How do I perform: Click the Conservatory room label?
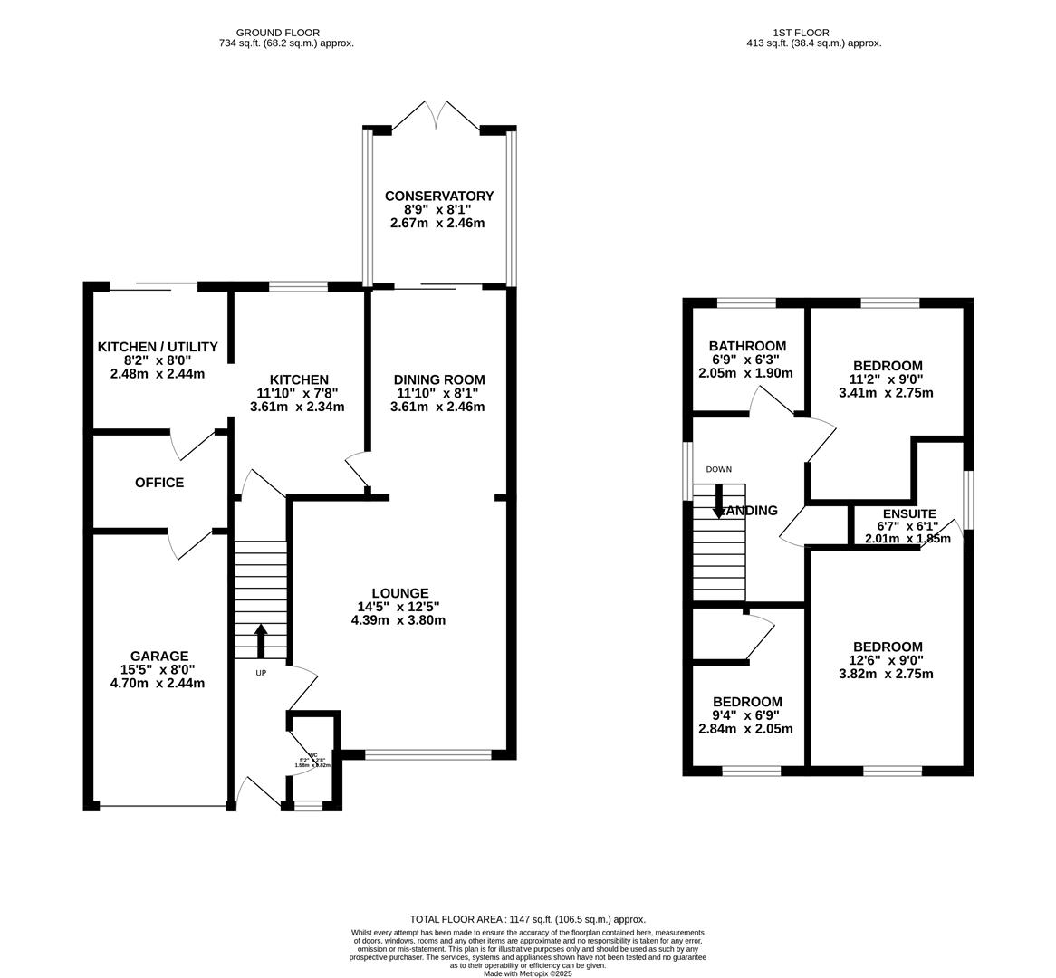(439, 196)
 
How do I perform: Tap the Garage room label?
(158, 656)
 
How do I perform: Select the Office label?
(159, 483)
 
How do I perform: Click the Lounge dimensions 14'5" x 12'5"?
(398, 607)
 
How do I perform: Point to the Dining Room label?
(439, 379)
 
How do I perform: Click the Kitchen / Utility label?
(158, 347)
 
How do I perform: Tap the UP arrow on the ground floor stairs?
(262, 640)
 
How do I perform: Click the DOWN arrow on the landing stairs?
(719, 501)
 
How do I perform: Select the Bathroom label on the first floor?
(747, 346)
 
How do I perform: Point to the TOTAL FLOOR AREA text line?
(528, 919)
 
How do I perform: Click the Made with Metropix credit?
(528, 973)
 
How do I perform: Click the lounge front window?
(428, 753)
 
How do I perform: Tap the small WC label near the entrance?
(313, 756)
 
